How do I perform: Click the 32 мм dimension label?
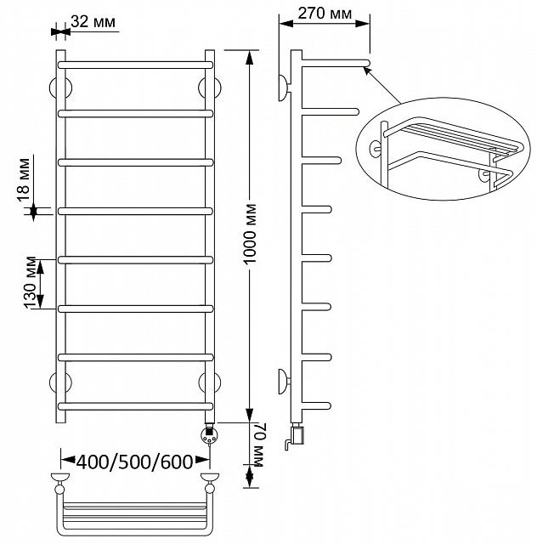click(x=93, y=21)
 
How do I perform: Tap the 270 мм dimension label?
click(x=325, y=14)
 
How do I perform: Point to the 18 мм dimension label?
click(x=24, y=179)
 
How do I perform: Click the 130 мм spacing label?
click(x=30, y=282)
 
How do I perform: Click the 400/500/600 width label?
click(x=134, y=462)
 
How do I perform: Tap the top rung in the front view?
click(x=135, y=65)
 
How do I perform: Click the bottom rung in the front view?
click(x=135, y=406)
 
